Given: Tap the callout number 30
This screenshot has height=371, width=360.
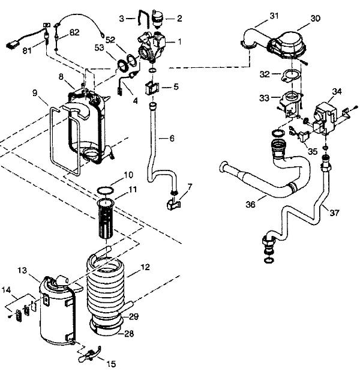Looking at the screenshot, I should tap(315, 19).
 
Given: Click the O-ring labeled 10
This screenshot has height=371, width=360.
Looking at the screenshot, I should tap(104, 191).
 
